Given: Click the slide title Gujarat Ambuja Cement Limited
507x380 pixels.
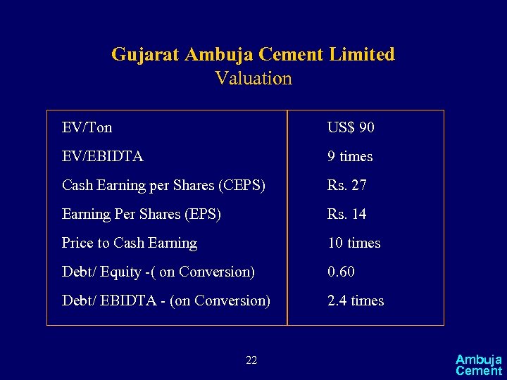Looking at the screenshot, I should click(x=253, y=54).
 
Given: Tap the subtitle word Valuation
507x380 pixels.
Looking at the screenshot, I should click(x=254, y=78).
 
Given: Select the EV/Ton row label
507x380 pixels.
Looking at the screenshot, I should click(x=87, y=127).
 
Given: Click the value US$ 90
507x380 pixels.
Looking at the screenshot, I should click(x=351, y=127).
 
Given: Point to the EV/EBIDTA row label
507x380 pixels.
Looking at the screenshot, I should click(x=103, y=156).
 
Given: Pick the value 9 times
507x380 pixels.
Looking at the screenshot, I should click(x=350, y=156).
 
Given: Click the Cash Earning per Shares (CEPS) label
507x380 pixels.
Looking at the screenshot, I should click(x=163, y=185).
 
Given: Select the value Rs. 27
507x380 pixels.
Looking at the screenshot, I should click(x=346, y=185).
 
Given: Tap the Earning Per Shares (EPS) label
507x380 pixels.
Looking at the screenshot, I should click(x=142, y=214).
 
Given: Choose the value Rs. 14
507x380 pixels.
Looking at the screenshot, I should click(x=346, y=214).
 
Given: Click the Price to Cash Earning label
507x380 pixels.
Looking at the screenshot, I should click(x=130, y=243).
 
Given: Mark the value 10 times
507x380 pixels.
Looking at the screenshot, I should click(x=353, y=243).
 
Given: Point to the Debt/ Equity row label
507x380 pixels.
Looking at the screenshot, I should click(x=158, y=272).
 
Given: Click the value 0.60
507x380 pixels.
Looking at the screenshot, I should click(x=341, y=272).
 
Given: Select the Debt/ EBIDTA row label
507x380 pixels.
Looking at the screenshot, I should click(x=166, y=300).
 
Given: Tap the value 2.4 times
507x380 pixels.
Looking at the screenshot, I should click(x=356, y=300).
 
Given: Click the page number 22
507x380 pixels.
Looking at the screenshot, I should click(x=251, y=361).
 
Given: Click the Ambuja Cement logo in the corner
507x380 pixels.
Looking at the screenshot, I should click(x=479, y=365).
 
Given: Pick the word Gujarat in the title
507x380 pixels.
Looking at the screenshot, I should click(x=145, y=54).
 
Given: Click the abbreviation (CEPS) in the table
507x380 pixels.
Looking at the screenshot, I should click(x=242, y=185).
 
